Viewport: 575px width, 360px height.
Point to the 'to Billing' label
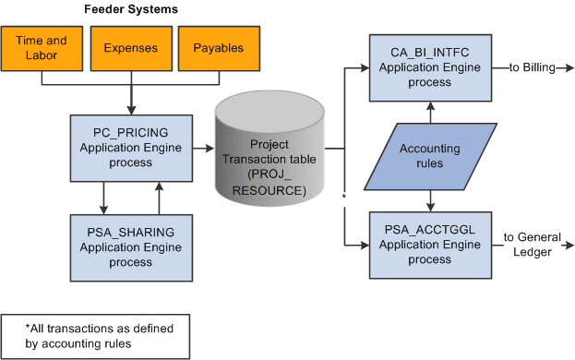point(529,67)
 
